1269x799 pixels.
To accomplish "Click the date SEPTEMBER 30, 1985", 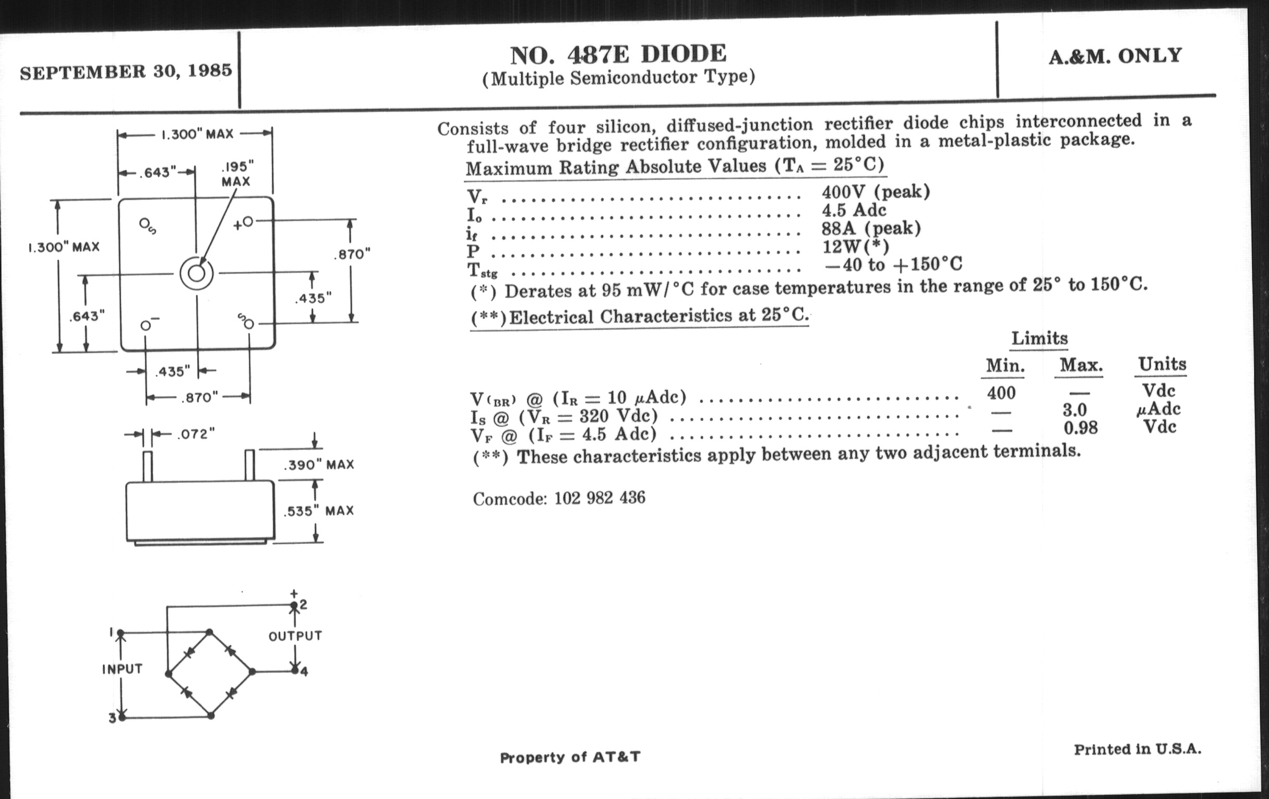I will [x=126, y=71].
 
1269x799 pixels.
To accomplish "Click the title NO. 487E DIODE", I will [x=618, y=54].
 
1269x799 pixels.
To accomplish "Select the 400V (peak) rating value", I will [x=876, y=192].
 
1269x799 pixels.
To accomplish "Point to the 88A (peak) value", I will [x=871, y=228].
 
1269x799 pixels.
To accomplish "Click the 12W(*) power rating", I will [x=855, y=246].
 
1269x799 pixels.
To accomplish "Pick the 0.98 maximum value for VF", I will [x=1080, y=428].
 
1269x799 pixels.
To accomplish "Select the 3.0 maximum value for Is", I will [x=1074, y=410].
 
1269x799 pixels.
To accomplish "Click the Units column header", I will [x=1162, y=364].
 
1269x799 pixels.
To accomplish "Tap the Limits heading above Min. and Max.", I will [x=1039, y=338].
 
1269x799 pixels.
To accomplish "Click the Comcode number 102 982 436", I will [x=599, y=498].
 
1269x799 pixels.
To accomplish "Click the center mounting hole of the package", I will [x=197, y=274].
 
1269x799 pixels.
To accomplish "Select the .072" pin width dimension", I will [x=196, y=434].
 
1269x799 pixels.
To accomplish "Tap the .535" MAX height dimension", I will [x=318, y=511].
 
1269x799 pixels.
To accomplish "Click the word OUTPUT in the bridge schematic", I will [x=295, y=636].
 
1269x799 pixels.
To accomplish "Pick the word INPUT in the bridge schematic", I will [x=122, y=669].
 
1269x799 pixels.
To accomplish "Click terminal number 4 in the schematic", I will [x=304, y=672].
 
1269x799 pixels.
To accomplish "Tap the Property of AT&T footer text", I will [x=570, y=757].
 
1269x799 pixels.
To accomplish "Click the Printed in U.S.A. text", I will [x=1138, y=749].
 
